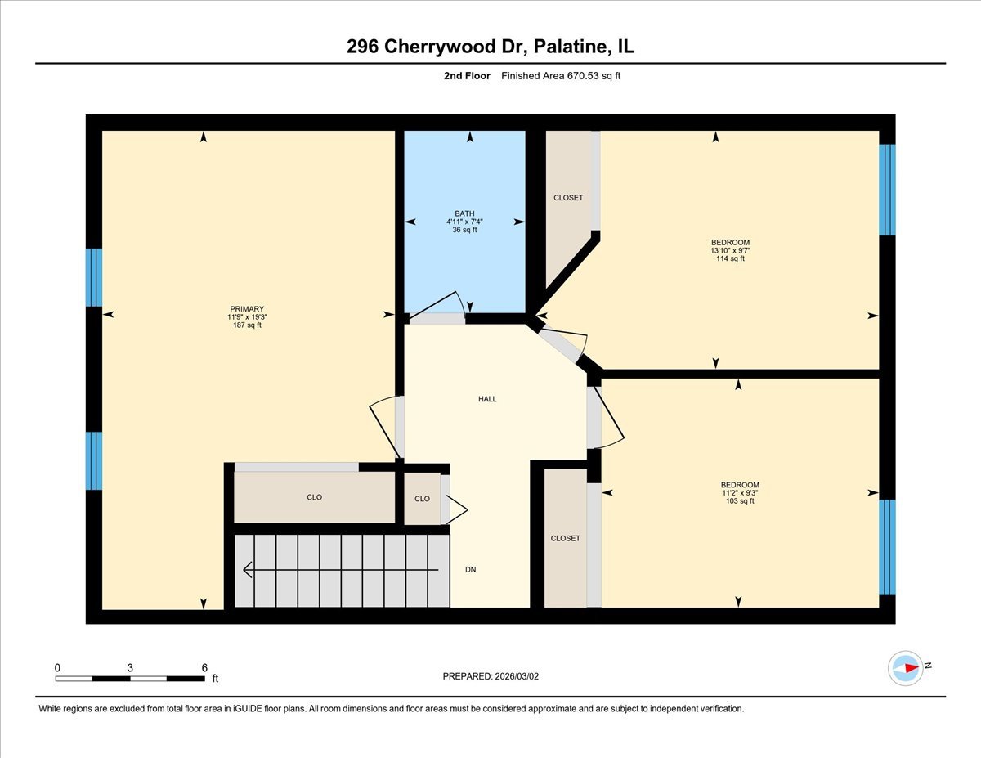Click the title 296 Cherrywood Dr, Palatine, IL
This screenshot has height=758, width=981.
490,47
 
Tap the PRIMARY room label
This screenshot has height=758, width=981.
247,309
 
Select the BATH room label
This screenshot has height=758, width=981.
464,213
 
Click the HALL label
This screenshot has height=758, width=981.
487,399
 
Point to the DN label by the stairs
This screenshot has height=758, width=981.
471,570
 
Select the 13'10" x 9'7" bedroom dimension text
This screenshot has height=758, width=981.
730,250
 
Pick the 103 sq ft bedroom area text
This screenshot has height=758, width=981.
740,500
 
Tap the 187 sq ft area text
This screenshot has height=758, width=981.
247,325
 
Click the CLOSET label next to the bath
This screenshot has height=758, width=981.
568,197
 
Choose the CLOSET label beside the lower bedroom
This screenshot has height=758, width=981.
565,538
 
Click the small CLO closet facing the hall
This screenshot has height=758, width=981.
422,499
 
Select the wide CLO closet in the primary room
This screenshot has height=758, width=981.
314,497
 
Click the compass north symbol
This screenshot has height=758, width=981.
906,667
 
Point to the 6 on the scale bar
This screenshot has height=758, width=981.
204,667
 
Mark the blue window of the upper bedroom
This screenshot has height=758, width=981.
887,190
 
